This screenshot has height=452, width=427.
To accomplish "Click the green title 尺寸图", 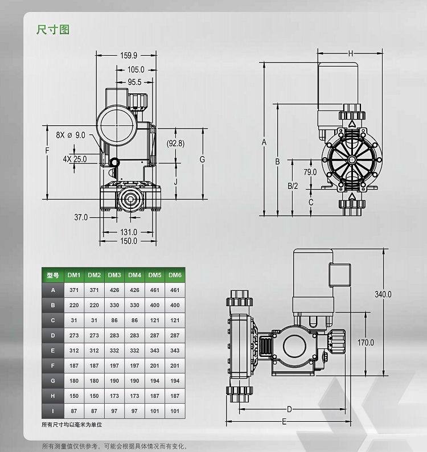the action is (x=53, y=30).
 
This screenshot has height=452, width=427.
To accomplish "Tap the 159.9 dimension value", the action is (x=129, y=55).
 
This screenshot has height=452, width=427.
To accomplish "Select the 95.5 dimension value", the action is (x=134, y=82).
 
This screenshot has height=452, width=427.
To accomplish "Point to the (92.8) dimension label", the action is (x=175, y=143).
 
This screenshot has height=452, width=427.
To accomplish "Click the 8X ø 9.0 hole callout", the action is (x=71, y=135).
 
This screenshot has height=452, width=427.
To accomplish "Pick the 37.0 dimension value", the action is (x=81, y=217).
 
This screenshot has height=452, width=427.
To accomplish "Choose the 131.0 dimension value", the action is (x=129, y=232).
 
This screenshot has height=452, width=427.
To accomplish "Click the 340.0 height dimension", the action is (x=383, y=294).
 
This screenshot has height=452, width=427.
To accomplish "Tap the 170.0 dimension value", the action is (x=366, y=343).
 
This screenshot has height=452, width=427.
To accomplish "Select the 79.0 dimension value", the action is (x=310, y=172).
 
